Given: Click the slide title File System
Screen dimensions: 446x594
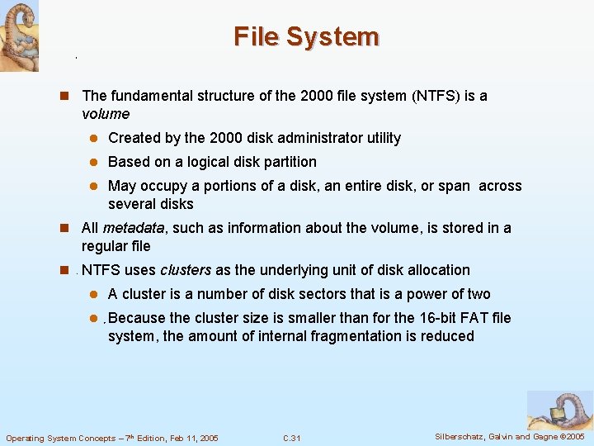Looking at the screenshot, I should pyautogui.click(x=306, y=37).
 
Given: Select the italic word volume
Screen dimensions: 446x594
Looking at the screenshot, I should pyautogui.click(x=106, y=114).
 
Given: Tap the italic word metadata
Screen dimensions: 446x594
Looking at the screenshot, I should pyautogui.click(x=134, y=228).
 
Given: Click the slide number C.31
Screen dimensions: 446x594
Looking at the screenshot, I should pyautogui.click(x=291, y=438).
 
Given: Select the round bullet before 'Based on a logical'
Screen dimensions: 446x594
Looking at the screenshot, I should pyautogui.click(x=95, y=163).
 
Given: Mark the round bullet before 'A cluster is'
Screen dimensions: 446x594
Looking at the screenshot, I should pyautogui.click(x=95, y=295).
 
